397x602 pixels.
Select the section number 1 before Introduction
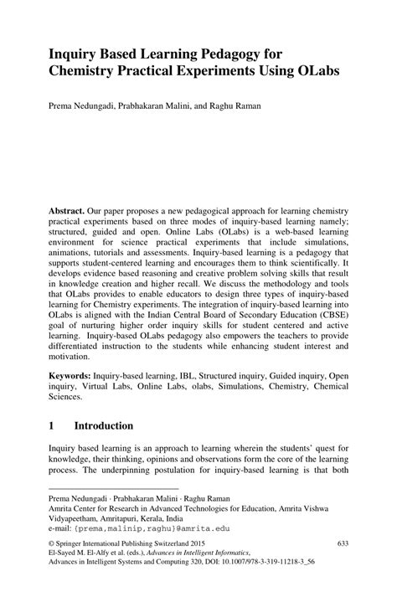click(x=52, y=426)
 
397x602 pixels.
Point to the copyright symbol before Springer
click(x=52, y=543)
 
